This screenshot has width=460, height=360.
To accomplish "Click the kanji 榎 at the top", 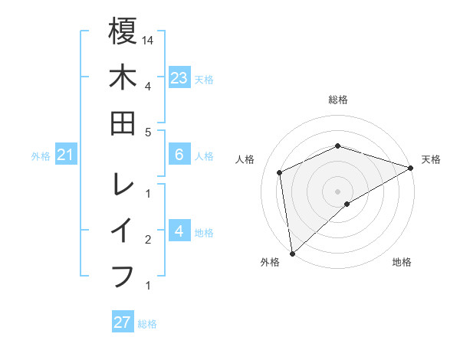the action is tap(123, 32).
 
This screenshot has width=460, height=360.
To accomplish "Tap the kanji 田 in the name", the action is tap(123, 123).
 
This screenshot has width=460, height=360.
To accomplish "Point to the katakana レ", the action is tap(123, 184).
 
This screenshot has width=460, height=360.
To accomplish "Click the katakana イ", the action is tap(123, 231).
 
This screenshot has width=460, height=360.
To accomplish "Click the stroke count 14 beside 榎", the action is tap(149, 40).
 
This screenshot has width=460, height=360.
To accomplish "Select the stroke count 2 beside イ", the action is tap(147, 240).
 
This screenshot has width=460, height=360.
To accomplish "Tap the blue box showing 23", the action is tap(179, 78).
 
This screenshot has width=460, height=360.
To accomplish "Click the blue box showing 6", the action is tap(179, 155).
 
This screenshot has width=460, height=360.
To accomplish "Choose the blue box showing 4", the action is tap(179, 231).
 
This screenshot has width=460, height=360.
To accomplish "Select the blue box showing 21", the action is tap(66, 155).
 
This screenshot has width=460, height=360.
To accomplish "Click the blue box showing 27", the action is tap(123, 322).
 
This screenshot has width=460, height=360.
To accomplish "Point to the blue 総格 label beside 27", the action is tap(147, 324).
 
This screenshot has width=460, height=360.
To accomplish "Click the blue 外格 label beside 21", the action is tap(41, 156).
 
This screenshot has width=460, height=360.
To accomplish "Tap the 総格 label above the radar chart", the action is tap(338, 100).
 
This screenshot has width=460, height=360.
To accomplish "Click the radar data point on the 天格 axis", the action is tap(411, 169).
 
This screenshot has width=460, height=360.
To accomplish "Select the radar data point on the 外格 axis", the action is tap(292, 253).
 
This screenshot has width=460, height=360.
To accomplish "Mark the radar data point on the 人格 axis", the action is tap(280, 172).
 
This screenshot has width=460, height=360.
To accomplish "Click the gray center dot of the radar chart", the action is tap(338, 191).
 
